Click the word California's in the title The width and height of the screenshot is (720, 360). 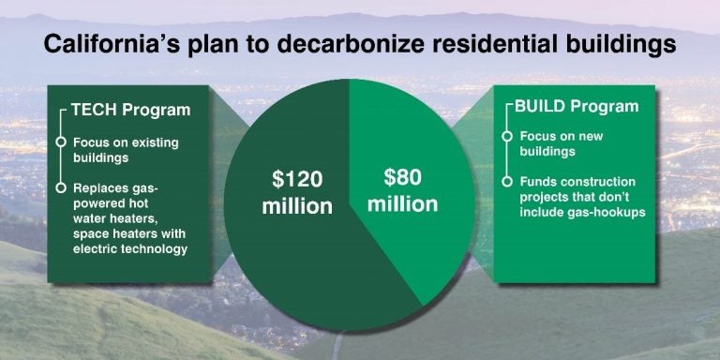click(104, 44)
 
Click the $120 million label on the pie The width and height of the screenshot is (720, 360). click(296, 190)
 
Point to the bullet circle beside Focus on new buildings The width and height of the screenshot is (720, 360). click(507, 136)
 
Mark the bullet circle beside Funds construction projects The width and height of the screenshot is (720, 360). click(507, 181)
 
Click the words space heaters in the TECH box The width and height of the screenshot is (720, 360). click(108, 233)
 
